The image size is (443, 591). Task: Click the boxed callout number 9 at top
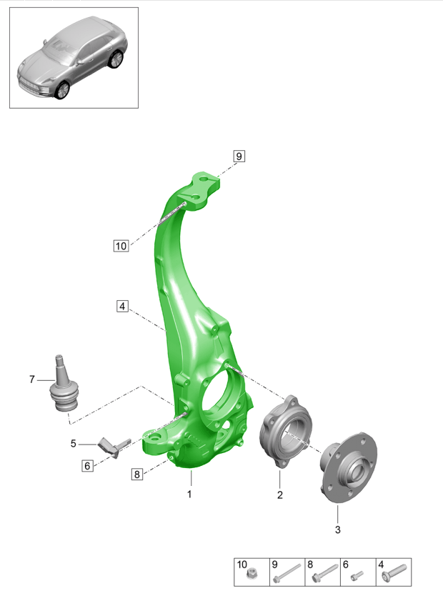(x=238, y=156)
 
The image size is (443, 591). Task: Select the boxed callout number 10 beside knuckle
(x=120, y=246)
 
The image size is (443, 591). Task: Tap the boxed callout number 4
(x=123, y=307)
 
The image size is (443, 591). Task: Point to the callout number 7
(x=32, y=379)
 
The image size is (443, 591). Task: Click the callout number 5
(x=73, y=444)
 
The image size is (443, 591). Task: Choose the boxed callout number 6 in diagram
(x=88, y=466)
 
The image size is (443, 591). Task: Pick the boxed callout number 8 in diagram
(x=137, y=473)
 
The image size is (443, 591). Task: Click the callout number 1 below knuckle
(x=190, y=494)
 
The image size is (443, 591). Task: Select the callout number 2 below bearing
(x=280, y=494)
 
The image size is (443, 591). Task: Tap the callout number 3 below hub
(x=338, y=530)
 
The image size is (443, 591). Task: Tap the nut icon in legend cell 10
(x=251, y=574)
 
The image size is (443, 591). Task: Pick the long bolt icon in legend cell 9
(x=287, y=572)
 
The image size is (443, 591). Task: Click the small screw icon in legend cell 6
(x=358, y=574)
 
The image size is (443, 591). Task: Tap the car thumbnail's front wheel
(x=63, y=89)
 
